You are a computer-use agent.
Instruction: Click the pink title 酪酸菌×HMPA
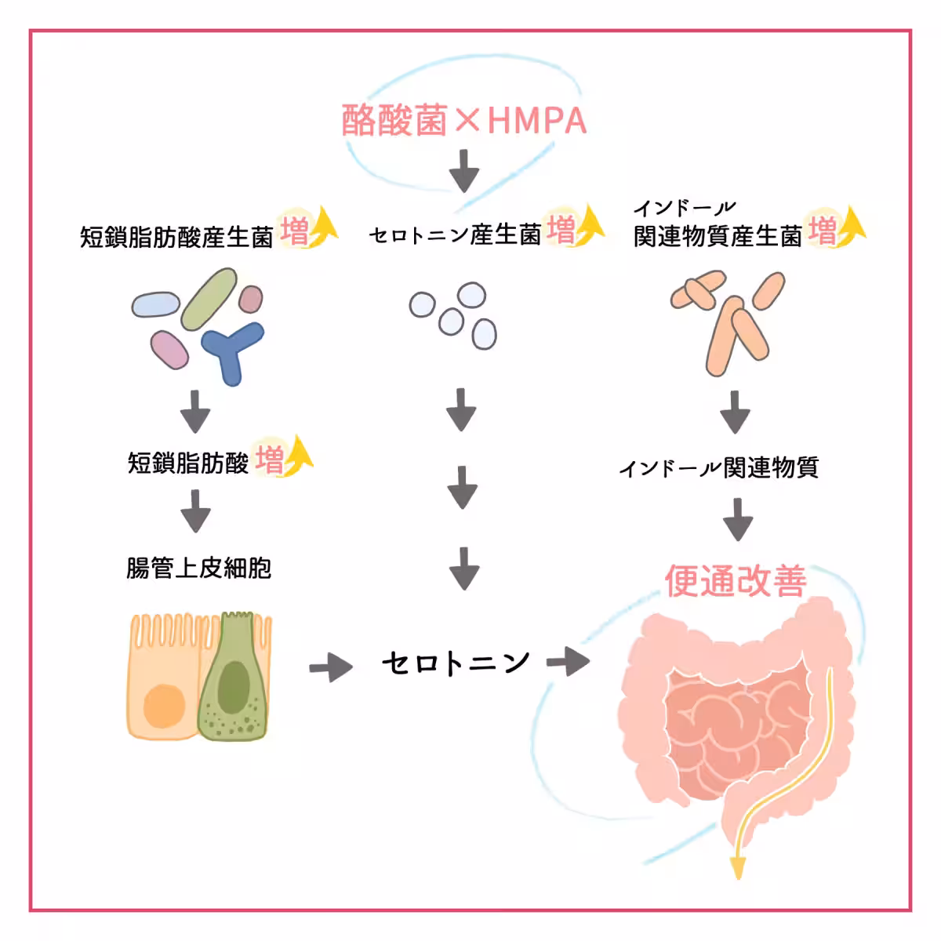[464, 121]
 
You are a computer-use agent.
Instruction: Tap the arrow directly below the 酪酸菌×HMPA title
[464, 170]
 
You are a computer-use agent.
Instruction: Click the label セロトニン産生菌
[455, 234]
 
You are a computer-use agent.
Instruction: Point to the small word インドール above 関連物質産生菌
[684, 208]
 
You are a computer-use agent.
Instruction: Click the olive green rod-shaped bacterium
[209, 299]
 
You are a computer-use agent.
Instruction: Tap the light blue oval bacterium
[155, 304]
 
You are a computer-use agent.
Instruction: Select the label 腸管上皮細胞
[199, 568]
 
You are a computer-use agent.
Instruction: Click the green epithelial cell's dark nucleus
[233, 685]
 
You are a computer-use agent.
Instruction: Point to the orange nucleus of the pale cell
[165, 705]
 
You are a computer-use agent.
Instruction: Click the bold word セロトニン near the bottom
[456, 663]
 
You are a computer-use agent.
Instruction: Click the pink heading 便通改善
[735, 581]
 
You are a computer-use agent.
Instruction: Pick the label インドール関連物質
[718, 468]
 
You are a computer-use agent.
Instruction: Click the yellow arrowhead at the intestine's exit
[737, 867]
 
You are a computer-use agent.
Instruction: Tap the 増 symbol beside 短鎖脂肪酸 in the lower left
[269, 460]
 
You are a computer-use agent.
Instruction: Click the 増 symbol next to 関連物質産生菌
[823, 231]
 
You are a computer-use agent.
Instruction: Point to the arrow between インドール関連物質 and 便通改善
[737, 518]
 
